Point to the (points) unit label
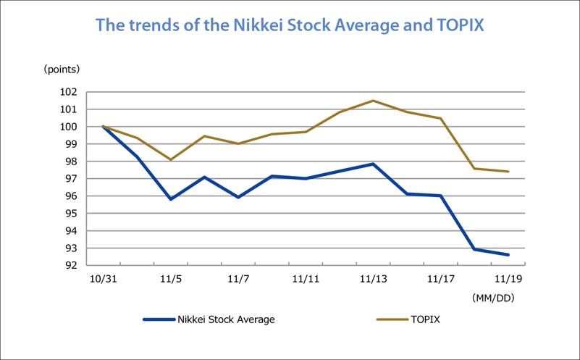pos(62,70)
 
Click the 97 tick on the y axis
pos(71,179)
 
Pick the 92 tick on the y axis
pos(71,265)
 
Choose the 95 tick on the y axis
pos(71,214)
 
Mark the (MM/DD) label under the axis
pos(493,298)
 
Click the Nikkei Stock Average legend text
pos(226,319)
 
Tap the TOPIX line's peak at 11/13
pos(373,101)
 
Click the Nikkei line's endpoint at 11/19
pos(508,255)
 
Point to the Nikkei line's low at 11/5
pos(170,199)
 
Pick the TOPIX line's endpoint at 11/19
pos(508,172)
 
